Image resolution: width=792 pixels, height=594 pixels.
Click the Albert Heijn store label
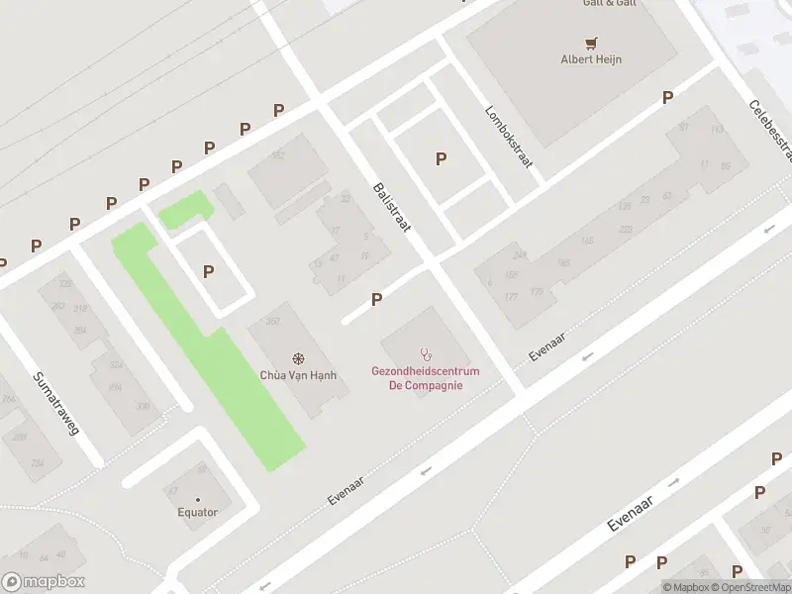tap(591, 58)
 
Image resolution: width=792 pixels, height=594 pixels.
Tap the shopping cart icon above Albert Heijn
tap(591, 43)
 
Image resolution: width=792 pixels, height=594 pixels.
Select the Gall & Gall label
tap(608, 4)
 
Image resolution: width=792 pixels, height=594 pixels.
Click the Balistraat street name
tap(392, 207)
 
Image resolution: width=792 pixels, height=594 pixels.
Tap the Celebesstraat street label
tap(771, 131)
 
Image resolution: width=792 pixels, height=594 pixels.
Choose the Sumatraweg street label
tap(55, 404)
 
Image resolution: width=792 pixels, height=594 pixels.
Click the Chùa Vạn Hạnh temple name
tap(298, 375)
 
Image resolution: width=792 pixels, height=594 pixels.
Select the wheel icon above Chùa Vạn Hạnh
tap(298, 358)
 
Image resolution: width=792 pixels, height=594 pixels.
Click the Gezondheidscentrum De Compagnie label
tap(426, 378)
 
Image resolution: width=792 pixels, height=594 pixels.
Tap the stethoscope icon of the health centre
tap(427, 352)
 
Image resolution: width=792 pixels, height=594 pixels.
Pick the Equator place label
tap(197, 512)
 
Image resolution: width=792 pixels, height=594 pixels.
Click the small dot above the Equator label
tap(197, 498)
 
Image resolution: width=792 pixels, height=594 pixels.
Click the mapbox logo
tap(44, 581)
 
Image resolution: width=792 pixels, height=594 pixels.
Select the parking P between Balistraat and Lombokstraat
tap(441, 158)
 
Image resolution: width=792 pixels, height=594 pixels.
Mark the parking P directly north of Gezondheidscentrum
tap(376, 299)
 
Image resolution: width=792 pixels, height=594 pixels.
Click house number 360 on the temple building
tap(273, 322)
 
